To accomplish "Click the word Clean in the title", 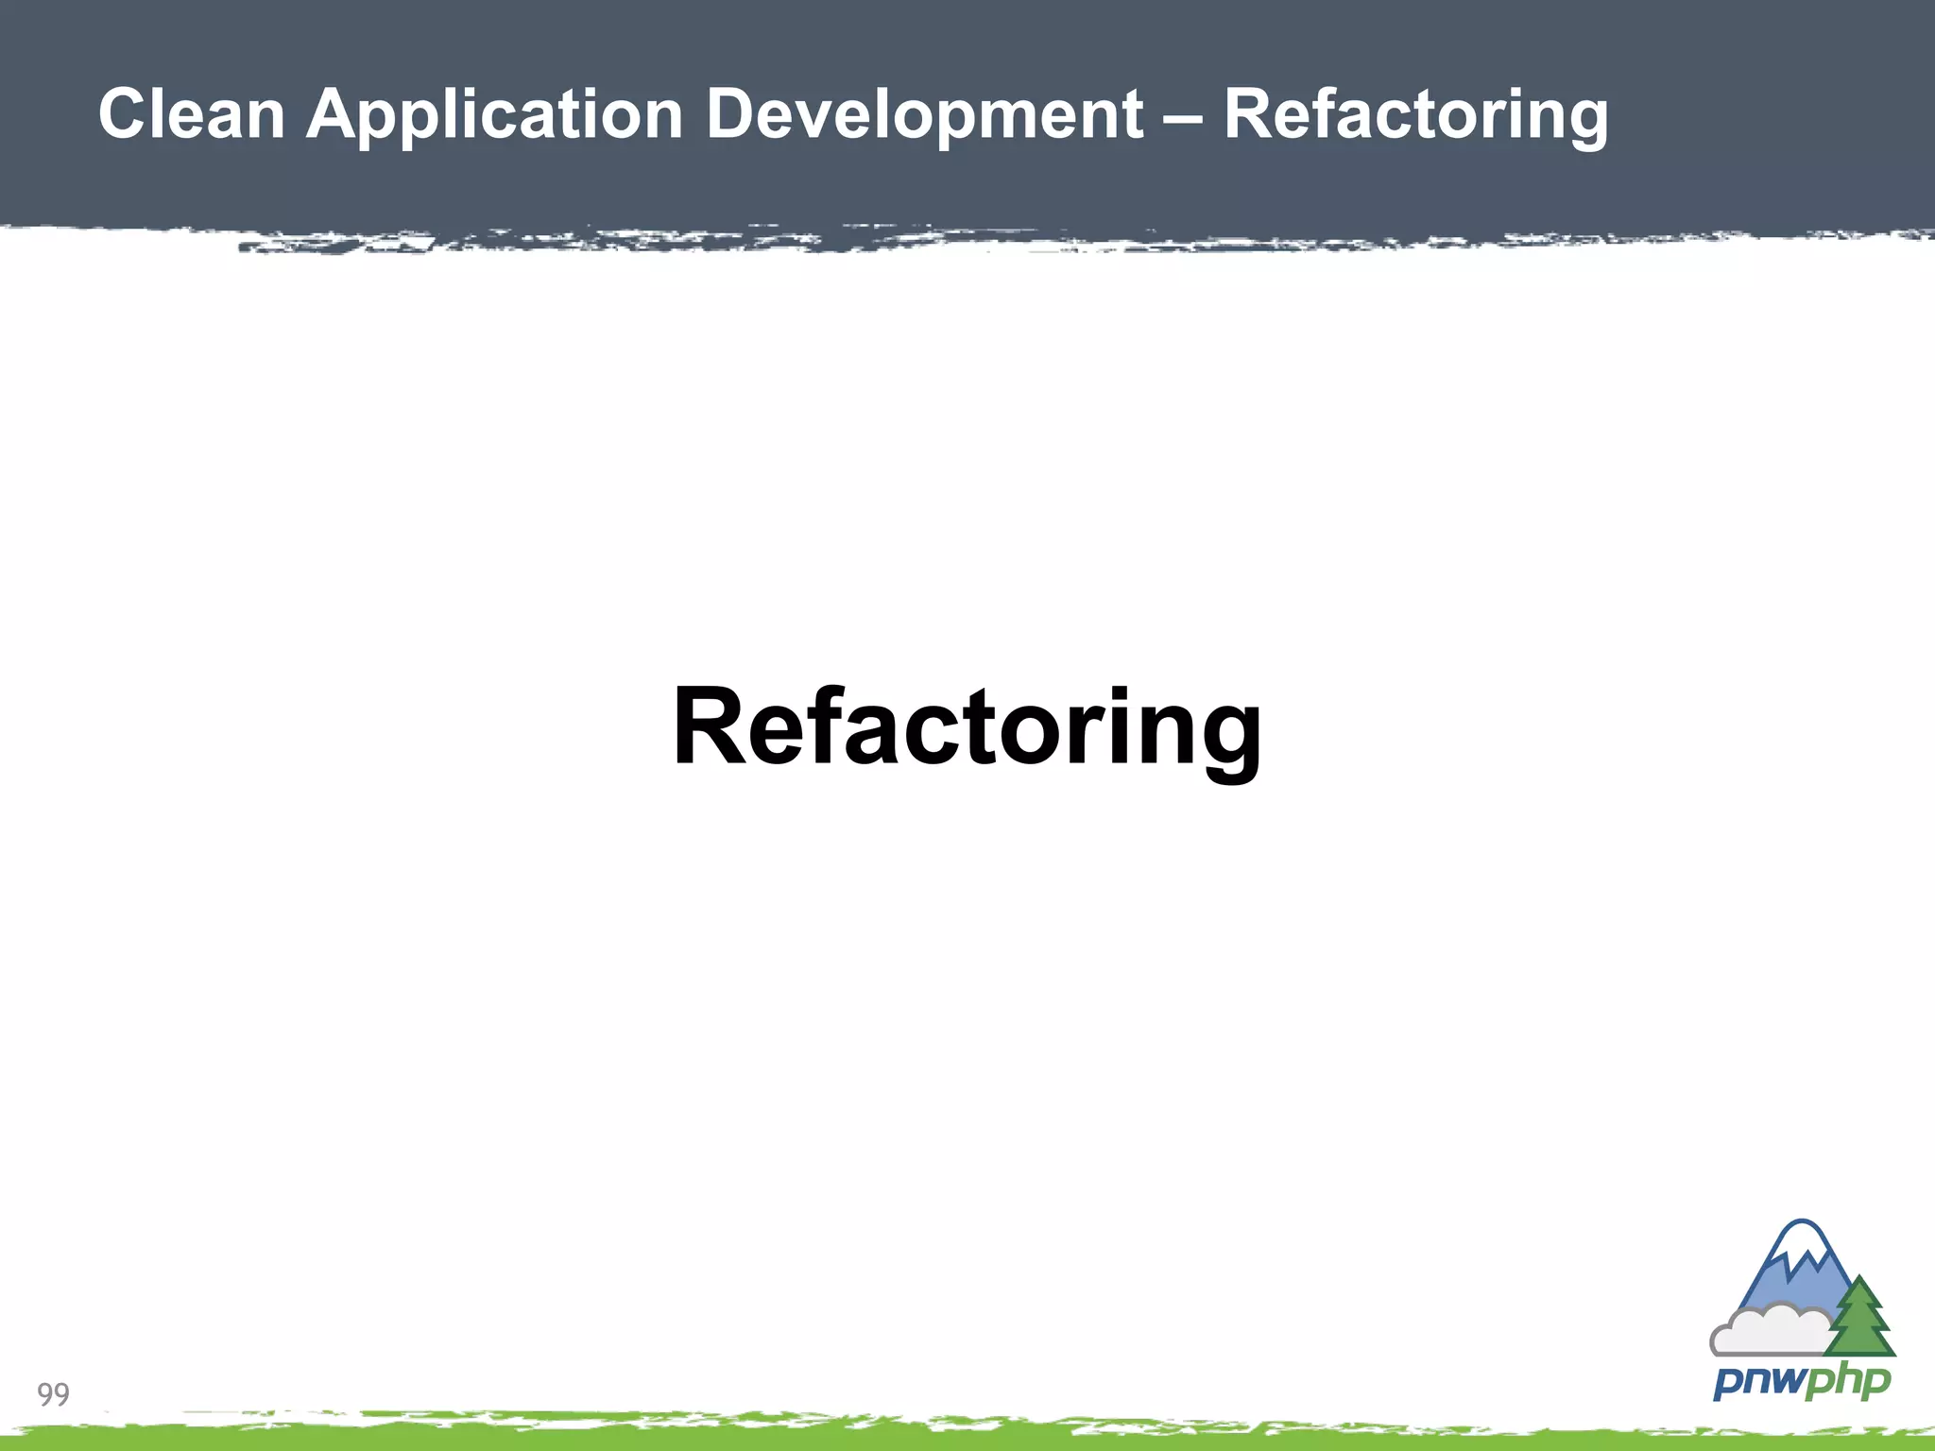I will [192, 115].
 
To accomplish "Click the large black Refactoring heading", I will [967, 727].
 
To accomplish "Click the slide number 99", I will [53, 1393].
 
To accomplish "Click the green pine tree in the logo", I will [1859, 1318].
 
